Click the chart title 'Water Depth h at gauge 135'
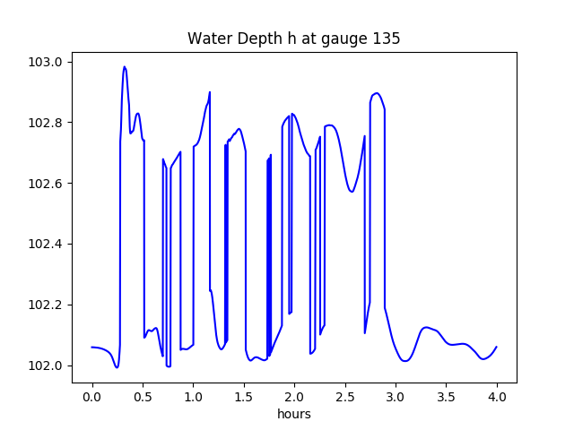[x=293, y=39]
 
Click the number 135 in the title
[x=387, y=39]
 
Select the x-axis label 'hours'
[x=294, y=415]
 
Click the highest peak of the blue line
[x=125, y=66]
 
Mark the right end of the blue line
[x=497, y=347]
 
